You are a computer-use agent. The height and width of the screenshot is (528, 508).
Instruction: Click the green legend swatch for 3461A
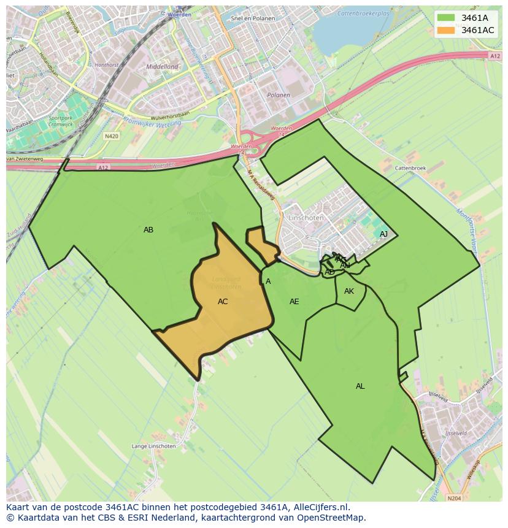click(x=447, y=18)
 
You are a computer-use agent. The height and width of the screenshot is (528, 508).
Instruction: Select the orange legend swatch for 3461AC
click(x=447, y=30)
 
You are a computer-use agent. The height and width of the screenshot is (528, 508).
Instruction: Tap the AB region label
click(x=148, y=230)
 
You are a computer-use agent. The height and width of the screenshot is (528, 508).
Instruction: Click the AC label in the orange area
click(x=223, y=302)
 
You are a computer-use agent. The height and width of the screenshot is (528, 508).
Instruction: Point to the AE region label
click(x=294, y=302)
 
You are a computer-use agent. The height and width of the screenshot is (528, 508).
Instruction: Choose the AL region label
click(x=360, y=386)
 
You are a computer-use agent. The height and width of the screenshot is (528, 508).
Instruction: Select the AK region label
click(x=349, y=291)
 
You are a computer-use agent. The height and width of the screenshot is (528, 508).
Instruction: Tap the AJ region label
click(x=383, y=234)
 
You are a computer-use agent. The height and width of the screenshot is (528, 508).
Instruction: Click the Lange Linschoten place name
click(x=153, y=446)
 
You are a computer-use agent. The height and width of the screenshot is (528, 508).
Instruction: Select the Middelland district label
click(x=162, y=66)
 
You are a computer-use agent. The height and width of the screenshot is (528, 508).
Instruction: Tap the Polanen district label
click(x=279, y=95)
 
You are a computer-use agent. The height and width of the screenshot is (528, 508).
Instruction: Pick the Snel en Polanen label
click(x=253, y=18)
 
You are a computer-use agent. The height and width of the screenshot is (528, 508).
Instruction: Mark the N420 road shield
click(x=111, y=136)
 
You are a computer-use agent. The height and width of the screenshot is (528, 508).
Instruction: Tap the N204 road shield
click(x=454, y=499)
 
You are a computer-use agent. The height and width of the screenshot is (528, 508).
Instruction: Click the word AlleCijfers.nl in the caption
click(x=318, y=507)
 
